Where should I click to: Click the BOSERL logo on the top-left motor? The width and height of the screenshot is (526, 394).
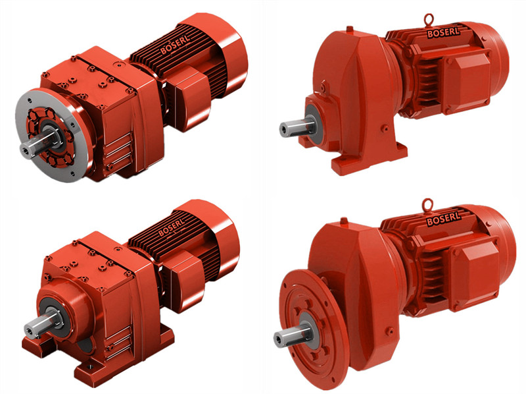point(175,44)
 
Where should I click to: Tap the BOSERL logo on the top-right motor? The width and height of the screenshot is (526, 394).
point(442,32)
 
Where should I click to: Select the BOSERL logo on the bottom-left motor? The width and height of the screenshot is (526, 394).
point(172,227)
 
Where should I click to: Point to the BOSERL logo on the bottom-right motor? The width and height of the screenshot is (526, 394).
point(443,219)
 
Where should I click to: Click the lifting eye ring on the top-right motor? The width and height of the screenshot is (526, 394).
point(429,19)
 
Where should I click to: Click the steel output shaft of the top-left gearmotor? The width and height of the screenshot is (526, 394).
point(37,144)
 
